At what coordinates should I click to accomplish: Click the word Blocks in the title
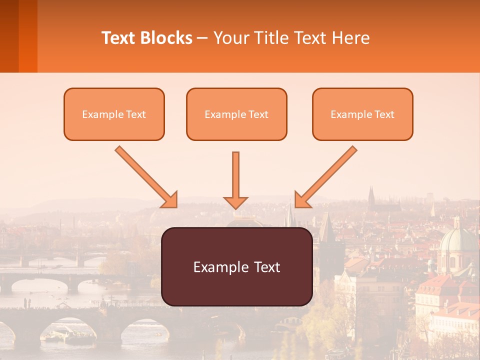pyautogui.click(x=167, y=38)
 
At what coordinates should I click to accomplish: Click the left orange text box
pyautogui.click(x=114, y=114)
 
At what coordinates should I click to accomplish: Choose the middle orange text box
pyautogui.click(x=236, y=114)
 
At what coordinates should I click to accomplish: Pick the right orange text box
pyautogui.click(x=362, y=114)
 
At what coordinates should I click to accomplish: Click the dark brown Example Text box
pyautogui.click(x=236, y=266)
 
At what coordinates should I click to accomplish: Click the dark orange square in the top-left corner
pyautogui.click(x=18, y=36)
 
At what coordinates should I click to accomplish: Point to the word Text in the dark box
pyautogui.click(x=265, y=267)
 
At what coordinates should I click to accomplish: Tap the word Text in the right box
pyautogui.click(x=384, y=114)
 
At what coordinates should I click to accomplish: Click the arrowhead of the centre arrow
pyautogui.click(x=235, y=201)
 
